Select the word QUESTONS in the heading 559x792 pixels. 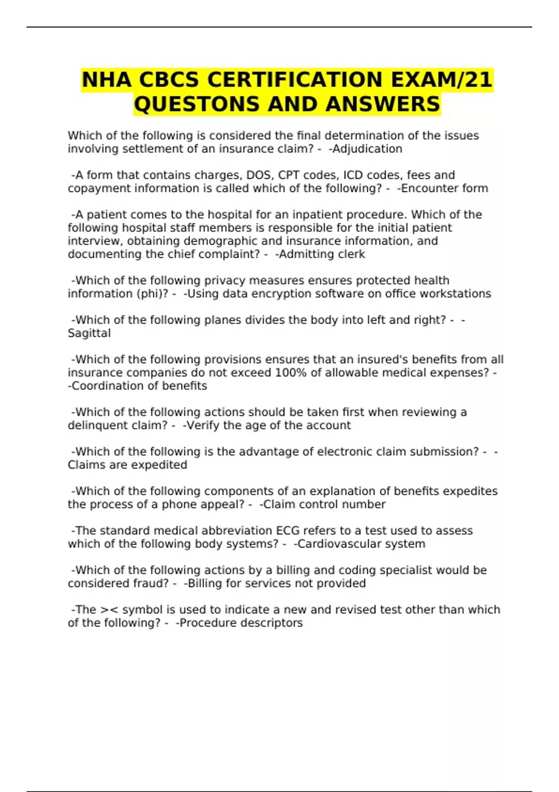(197, 104)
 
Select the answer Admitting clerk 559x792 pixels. (321, 254)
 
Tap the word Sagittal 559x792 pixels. (89, 334)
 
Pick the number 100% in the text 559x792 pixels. (291, 373)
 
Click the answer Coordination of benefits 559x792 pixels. (139, 386)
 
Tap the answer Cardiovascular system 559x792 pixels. (361, 544)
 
